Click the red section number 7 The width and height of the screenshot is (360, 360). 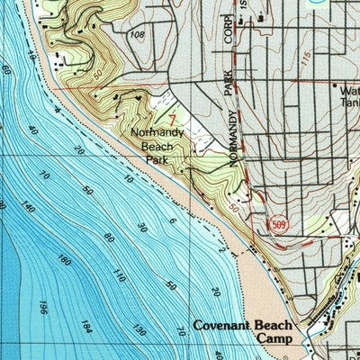(172, 118)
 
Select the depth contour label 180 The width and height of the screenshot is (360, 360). (62, 260)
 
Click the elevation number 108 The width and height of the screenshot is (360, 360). (136, 35)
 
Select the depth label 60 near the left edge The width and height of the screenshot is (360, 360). (6, 69)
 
